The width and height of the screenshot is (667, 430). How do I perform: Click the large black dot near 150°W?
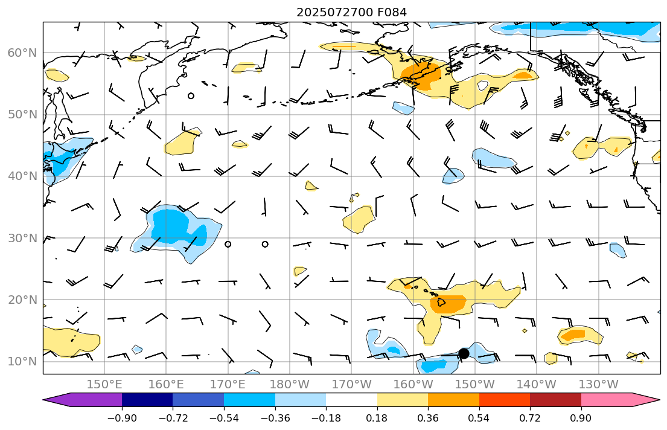(464, 353)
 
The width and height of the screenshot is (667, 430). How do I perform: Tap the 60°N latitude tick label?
(22, 53)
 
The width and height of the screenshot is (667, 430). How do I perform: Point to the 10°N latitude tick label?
(22, 362)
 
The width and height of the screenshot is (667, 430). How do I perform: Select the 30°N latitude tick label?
(22, 238)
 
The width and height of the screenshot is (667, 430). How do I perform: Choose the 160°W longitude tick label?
(413, 384)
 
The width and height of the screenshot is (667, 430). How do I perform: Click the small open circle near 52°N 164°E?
(191, 95)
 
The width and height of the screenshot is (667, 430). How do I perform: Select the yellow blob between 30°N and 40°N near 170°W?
(360, 219)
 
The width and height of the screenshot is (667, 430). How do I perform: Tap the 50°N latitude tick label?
(22, 115)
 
